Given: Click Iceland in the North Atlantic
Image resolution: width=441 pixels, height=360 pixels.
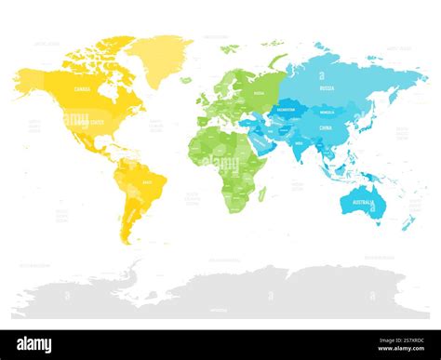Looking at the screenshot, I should [186, 80].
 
